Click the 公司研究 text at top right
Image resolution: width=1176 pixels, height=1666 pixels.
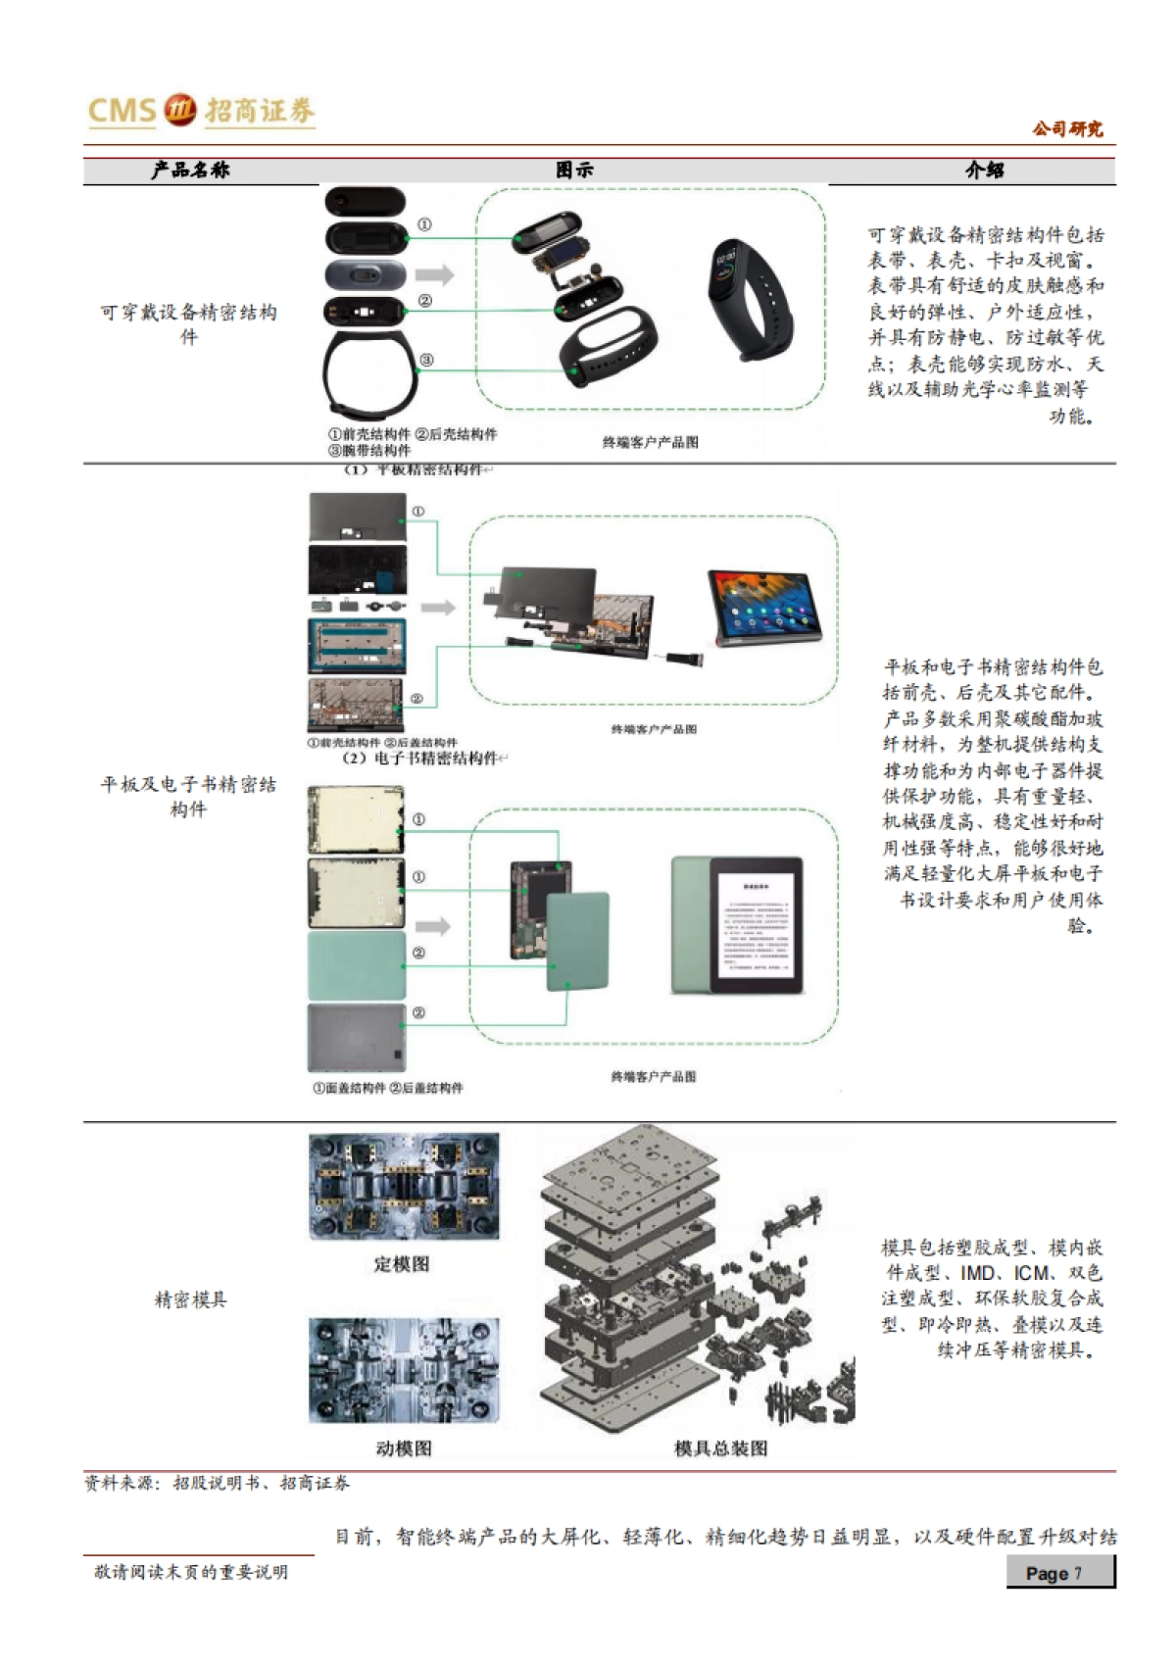[x=1067, y=128]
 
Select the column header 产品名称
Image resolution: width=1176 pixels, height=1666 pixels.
[x=190, y=171]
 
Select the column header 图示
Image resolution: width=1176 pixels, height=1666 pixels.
[x=574, y=171]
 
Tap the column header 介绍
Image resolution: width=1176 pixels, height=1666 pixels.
[x=984, y=171]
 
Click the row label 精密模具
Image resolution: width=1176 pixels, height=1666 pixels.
[x=190, y=1299]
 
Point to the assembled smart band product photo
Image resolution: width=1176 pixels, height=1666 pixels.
[x=751, y=300]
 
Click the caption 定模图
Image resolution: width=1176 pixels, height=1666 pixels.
[x=402, y=1264]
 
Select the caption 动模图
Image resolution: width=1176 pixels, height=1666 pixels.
[x=403, y=1448]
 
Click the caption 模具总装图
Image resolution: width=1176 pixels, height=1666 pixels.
[x=720, y=1448]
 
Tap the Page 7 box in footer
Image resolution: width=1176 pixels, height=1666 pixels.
[x=1059, y=1573]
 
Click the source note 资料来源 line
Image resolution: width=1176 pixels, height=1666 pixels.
[x=217, y=1484]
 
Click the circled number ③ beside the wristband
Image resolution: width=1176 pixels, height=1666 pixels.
[x=425, y=361]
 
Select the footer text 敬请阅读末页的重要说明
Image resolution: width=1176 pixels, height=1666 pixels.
[x=191, y=1572]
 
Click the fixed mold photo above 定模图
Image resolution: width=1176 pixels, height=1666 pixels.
[x=403, y=1186]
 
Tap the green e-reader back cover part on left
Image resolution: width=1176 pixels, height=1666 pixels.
[x=356, y=964]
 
